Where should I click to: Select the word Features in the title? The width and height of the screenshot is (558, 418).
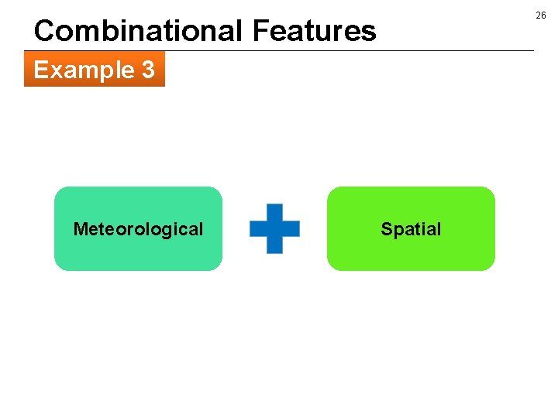314,31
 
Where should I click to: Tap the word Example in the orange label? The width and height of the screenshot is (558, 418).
84,70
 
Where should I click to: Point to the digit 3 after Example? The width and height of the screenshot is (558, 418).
147,70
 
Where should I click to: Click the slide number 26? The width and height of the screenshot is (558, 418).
541,15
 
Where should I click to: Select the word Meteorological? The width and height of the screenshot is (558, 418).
138,229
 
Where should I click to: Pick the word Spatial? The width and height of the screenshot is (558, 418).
411,229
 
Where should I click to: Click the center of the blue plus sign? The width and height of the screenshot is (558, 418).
274,228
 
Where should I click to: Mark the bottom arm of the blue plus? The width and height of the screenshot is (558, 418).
274,246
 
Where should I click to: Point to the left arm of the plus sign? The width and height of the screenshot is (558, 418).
257,228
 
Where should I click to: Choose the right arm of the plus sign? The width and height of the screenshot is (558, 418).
292,228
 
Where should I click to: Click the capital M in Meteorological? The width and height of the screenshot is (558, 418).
80,229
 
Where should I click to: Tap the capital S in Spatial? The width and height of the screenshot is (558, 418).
386,229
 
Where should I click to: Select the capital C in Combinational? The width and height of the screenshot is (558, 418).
45,31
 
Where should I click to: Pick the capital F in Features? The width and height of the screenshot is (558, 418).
260,31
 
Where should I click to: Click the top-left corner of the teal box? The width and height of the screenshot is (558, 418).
57,190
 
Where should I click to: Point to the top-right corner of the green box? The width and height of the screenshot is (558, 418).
491,190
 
